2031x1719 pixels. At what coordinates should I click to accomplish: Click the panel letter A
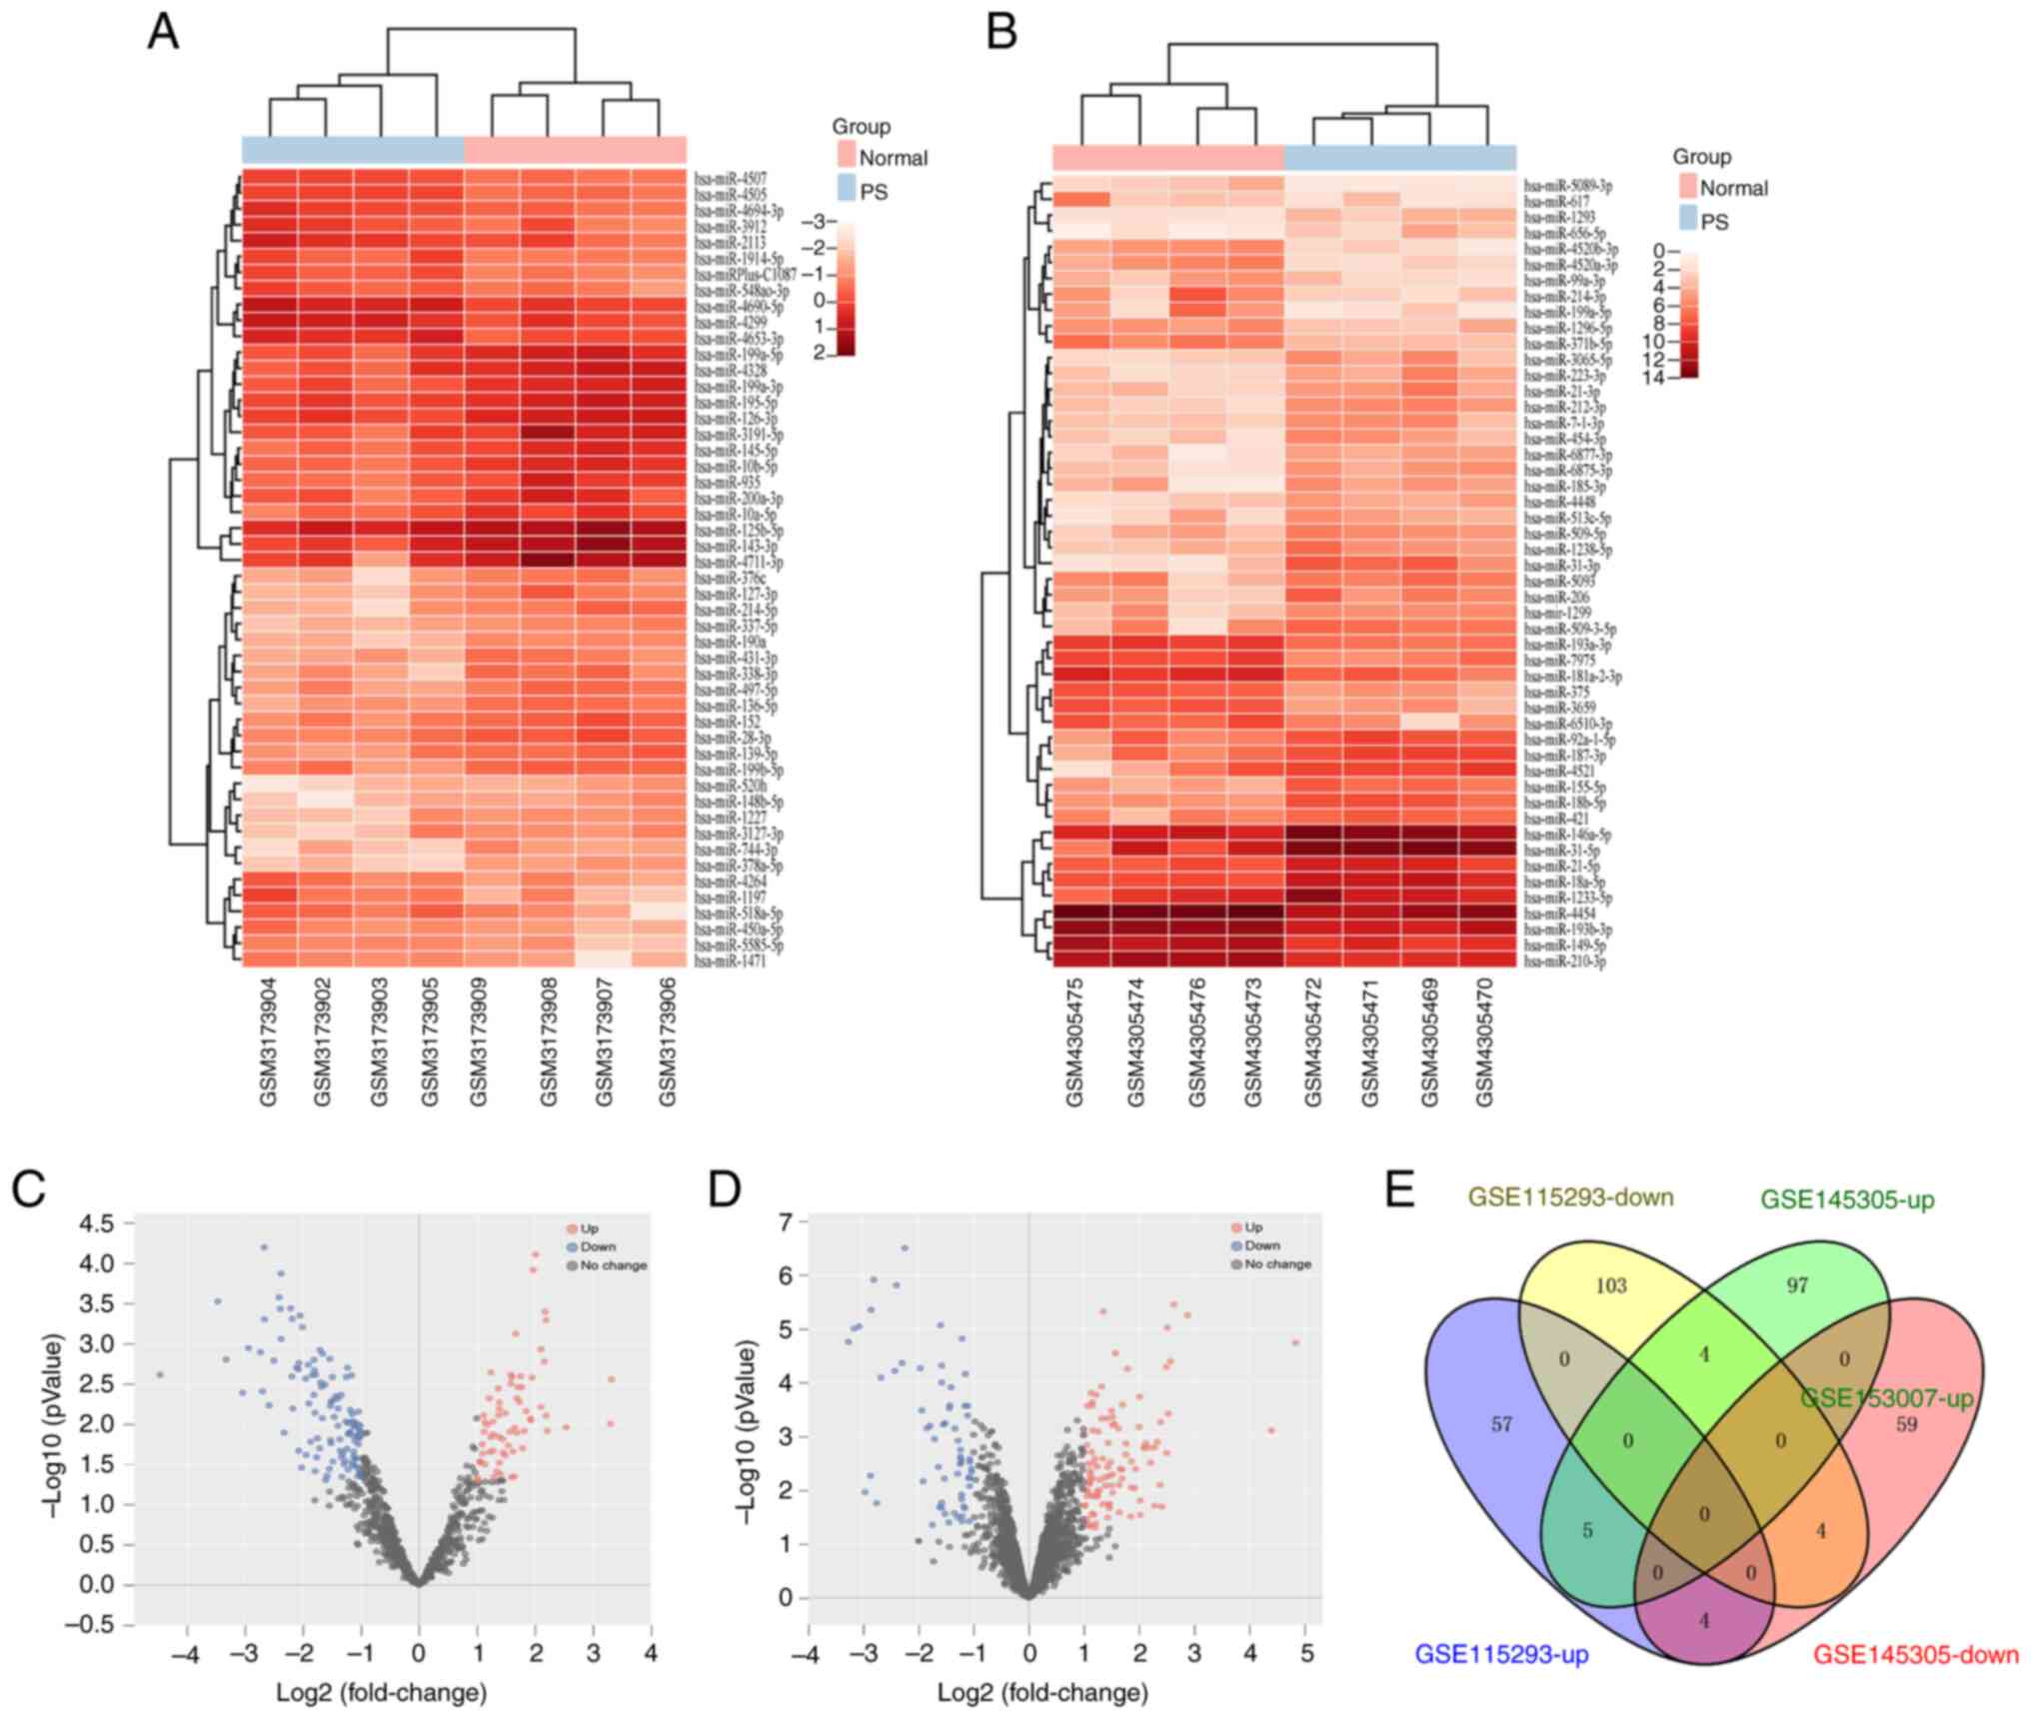tap(163, 33)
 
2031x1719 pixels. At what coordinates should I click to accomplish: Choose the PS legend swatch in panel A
tap(847, 188)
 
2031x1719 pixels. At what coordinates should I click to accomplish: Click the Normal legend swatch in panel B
tap(1687, 186)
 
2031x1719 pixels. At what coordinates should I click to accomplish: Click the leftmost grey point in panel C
tap(159, 1375)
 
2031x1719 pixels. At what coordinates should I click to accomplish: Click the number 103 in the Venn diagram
tap(1610, 1285)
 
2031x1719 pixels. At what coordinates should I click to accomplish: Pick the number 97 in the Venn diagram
tap(1797, 1285)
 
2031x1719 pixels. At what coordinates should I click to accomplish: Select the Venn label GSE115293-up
tap(1501, 1655)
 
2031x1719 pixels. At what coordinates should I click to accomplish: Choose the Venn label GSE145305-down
tap(1916, 1655)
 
